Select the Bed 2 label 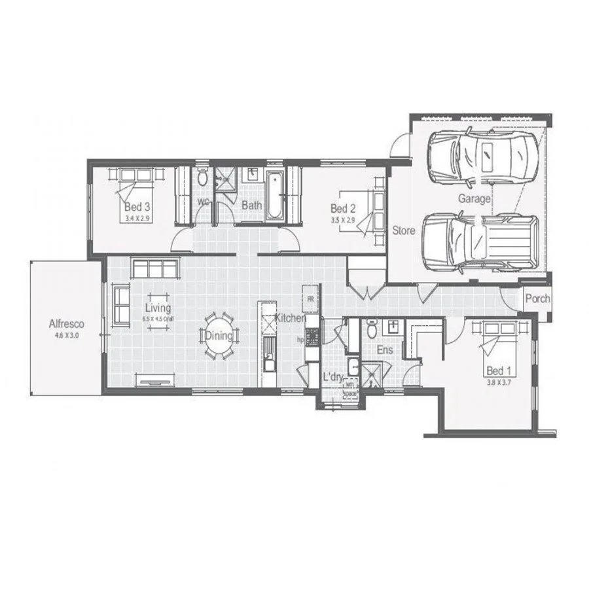tap(344, 209)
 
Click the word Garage tap(474, 199)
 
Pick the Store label tap(404, 230)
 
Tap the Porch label tap(538, 299)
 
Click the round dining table tap(219, 336)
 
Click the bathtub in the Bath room tap(274, 194)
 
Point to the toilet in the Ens tap(372, 330)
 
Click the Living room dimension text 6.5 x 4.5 tap(158, 319)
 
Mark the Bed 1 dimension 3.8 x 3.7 tap(499, 382)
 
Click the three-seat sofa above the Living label tap(154, 269)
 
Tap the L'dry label tap(334, 378)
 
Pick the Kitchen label tap(289, 318)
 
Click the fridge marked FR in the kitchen tap(310, 298)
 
